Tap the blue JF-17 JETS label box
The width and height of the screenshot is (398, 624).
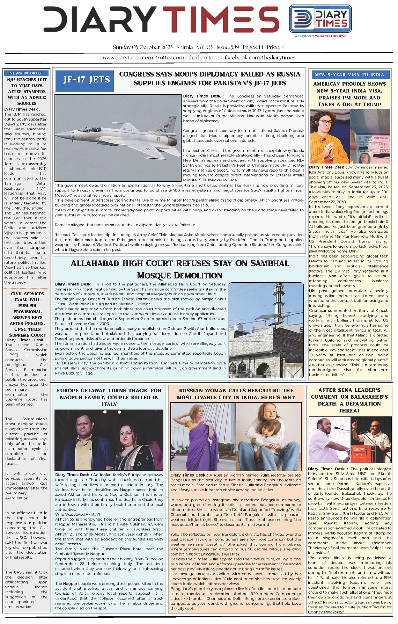(x=86, y=80)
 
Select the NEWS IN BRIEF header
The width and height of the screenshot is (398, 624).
(x=26, y=73)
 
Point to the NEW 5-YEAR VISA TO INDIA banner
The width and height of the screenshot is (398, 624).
(x=349, y=75)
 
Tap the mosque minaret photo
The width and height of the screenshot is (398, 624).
(x=266, y=330)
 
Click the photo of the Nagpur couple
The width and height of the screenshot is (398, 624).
(x=109, y=440)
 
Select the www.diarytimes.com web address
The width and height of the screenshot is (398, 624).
(x=128, y=58)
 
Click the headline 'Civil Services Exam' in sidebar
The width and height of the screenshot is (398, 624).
(x=27, y=297)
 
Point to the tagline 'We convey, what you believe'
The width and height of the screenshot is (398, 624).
(x=320, y=36)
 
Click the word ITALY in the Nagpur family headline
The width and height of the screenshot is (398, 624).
(x=109, y=404)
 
